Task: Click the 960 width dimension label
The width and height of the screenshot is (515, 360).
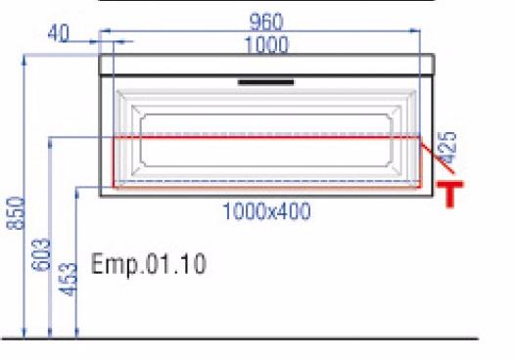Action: (266, 22)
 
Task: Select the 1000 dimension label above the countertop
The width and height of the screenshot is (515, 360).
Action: (267, 45)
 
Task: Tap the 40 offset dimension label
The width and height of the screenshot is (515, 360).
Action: (59, 33)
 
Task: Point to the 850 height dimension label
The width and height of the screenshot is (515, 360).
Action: (16, 213)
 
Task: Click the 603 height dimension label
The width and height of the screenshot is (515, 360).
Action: (41, 255)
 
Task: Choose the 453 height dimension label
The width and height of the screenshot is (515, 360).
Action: (68, 280)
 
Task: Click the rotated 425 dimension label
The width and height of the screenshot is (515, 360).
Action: (447, 148)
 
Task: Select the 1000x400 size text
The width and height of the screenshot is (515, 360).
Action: (266, 211)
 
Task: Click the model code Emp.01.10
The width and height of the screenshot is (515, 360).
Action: (149, 263)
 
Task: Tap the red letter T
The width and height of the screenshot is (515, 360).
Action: (450, 194)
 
